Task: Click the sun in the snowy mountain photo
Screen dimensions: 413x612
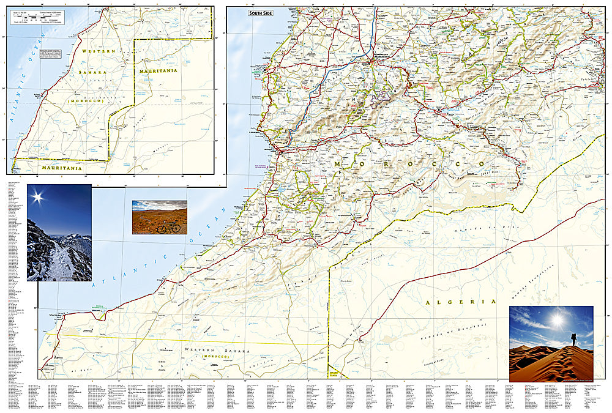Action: click(38, 197)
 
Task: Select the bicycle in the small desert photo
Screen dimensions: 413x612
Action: click(169, 227)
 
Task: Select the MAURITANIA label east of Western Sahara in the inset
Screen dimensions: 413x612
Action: click(158, 71)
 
